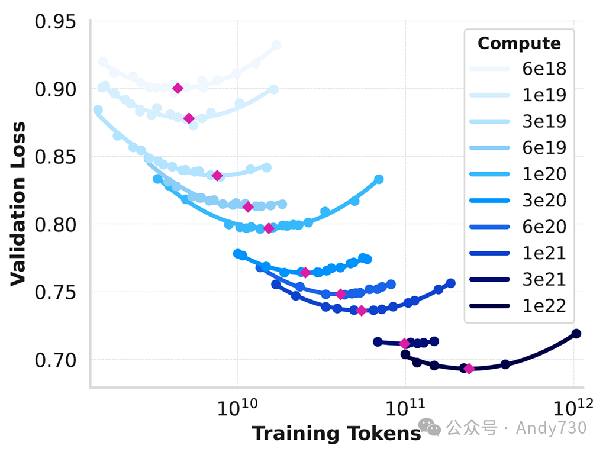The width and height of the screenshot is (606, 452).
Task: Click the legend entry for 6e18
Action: click(544, 69)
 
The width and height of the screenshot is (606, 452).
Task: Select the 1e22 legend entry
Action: click(544, 306)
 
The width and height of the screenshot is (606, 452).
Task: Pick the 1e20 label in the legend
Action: click(544, 174)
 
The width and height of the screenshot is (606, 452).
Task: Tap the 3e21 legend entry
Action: click(544, 280)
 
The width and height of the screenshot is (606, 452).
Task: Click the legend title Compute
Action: click(519, 43)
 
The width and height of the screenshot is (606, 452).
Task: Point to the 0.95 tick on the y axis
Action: click(56, 22)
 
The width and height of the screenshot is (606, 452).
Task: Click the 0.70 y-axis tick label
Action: click(56, 360)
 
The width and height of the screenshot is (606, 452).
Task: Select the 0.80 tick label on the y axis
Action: click(56, 225)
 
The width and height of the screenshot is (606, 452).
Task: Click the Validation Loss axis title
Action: click(18, 204)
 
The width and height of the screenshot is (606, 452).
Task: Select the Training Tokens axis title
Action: click(336, 434)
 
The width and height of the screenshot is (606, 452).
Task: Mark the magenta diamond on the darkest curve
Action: click(469, 369)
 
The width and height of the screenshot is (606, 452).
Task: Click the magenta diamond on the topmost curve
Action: click(178, 88)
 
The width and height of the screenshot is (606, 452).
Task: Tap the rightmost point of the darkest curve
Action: click(576, 334)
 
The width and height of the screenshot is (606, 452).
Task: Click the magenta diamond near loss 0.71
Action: click(404, 343)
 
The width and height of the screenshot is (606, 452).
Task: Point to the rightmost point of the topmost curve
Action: click(276, 46)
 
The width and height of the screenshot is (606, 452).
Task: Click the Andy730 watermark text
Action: click(551, 428)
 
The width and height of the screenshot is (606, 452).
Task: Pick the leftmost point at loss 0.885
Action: click(98, 110)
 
